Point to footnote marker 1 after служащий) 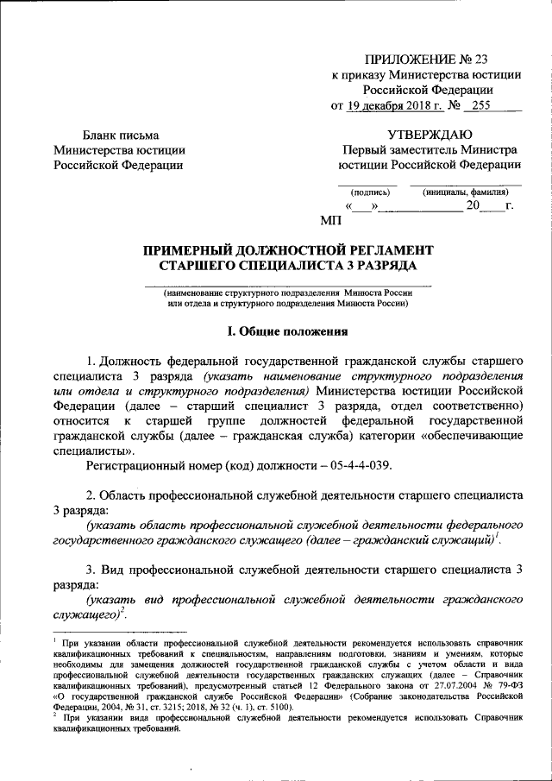coord(499,535)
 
